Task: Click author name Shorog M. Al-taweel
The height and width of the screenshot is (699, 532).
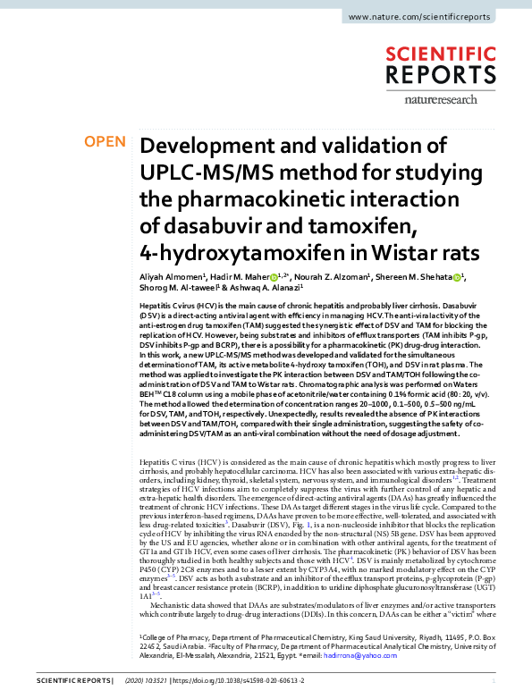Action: tap(176, 289)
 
